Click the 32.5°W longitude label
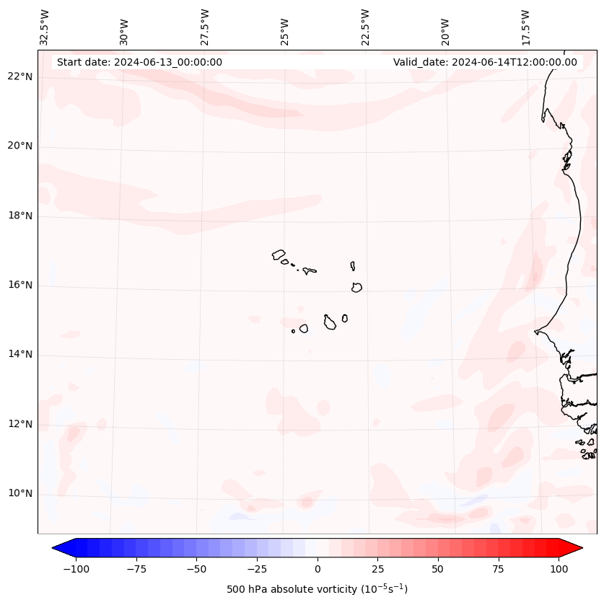[x=45, y=27]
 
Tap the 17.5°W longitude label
[x=526, y=27]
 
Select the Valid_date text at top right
[x=485, y=62]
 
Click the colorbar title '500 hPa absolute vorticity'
[x=317, y=590]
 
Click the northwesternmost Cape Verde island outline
[x=279, y=255]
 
